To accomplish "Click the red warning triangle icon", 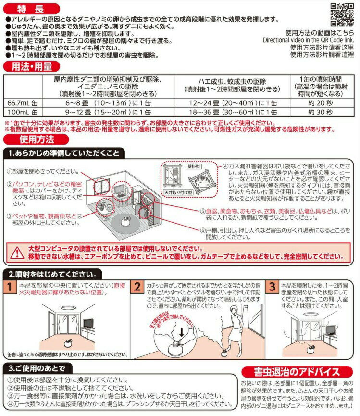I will (18, 252).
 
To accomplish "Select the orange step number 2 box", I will (137, 287).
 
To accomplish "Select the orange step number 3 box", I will (273, 287).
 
